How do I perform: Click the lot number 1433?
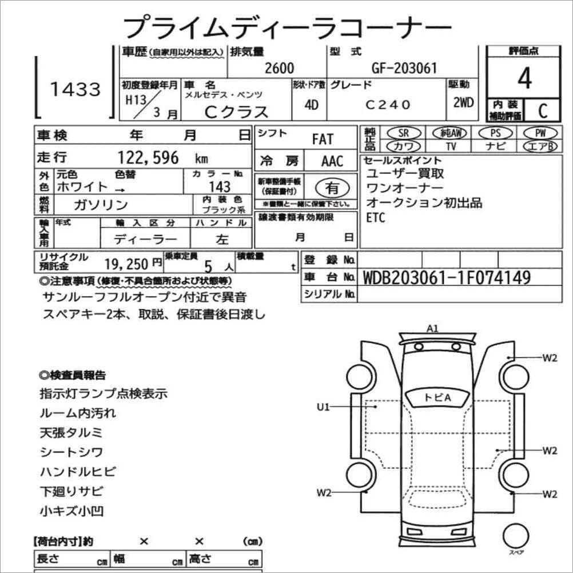click(x=75, y=89)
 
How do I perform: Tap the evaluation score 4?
click(x=524, y=78)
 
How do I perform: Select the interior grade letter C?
click(x=543, y=110)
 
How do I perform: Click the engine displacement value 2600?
click(x=279, y=68)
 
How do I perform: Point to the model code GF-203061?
click(x=404, y=68)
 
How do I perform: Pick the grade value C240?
click(x=388, y=105)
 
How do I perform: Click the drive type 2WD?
click(x=463, y=103)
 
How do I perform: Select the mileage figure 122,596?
click(x=148, y=157)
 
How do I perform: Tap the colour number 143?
click(x=220, y=187)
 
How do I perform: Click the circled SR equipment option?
click(x=403, y=133)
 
